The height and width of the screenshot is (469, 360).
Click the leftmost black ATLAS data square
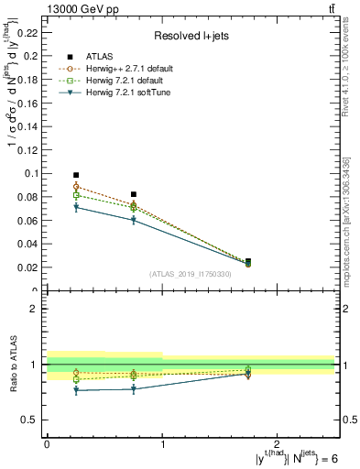(x=76, y=174)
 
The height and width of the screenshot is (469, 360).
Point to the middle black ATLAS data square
(x=134, y=194)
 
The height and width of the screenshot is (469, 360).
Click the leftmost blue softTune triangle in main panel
(x=76, y=208)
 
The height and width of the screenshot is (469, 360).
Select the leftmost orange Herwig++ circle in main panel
(x=76, y=187)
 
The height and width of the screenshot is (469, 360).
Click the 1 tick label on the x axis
(x=162, y=444)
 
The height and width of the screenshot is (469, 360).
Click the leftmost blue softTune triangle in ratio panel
(x=76, y=391)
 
